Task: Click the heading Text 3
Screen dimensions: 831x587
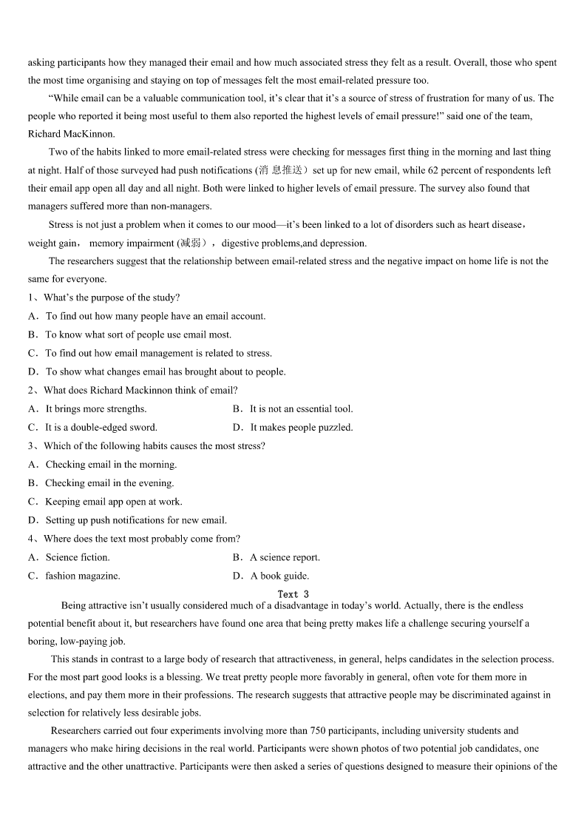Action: point(293,594)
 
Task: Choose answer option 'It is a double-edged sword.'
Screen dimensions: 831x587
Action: point(101,427)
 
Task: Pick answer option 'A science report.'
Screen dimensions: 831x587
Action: point(285,557)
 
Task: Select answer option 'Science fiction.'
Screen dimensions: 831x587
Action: point(77,557)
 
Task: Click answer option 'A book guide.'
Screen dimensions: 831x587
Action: point(279,576)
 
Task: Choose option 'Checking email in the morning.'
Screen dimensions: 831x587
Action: point(111,465)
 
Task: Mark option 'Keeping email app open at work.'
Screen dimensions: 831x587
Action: point(113,502)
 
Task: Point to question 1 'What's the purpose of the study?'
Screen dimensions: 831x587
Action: point(111,297)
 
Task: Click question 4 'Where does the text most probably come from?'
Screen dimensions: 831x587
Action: point(141,539)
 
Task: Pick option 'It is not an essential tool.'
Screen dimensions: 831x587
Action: point(301,408)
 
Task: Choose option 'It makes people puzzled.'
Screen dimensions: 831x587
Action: point(301,427)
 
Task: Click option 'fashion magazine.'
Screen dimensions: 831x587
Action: point(82,576)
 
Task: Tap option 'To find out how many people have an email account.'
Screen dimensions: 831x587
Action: point(155,316)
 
